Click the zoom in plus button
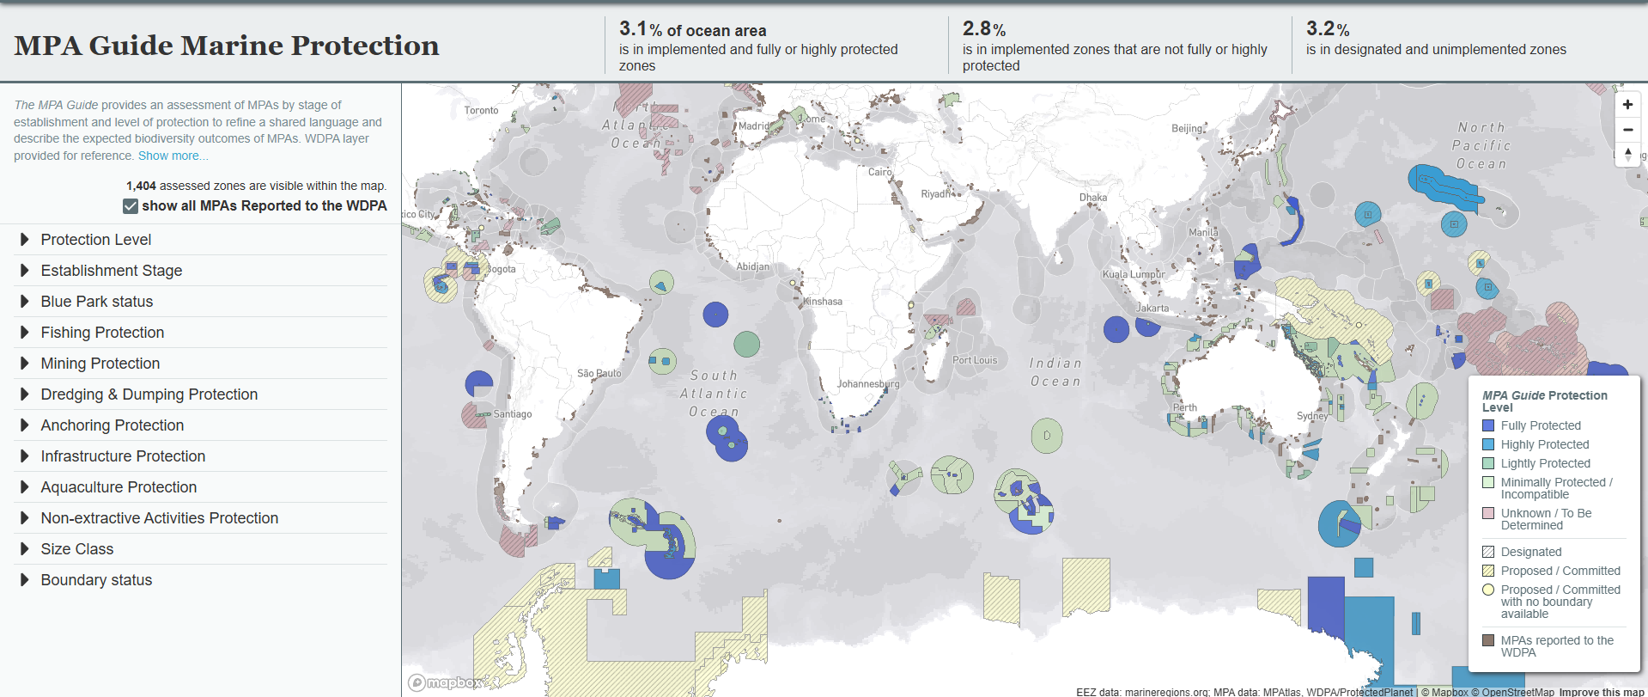(1627, 105)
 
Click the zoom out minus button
(1627, 130)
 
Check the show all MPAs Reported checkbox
(131, 206)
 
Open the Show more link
(173, 156)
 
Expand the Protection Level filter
(95, 240)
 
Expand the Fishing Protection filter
(101, 333)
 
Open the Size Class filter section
(76, 549)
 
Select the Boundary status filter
(96, 580)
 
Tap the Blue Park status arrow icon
(25, 302)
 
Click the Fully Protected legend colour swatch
(1488, 425)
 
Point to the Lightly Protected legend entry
(1545, 463)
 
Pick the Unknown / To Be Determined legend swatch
(1488, 513)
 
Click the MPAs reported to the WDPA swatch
(1488, 640)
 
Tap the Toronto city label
(481, 110)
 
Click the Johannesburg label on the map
(868, 384)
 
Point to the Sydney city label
(1311, 416)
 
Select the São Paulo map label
(599, 374)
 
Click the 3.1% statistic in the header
(634, 29)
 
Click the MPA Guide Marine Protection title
(227, 46)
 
